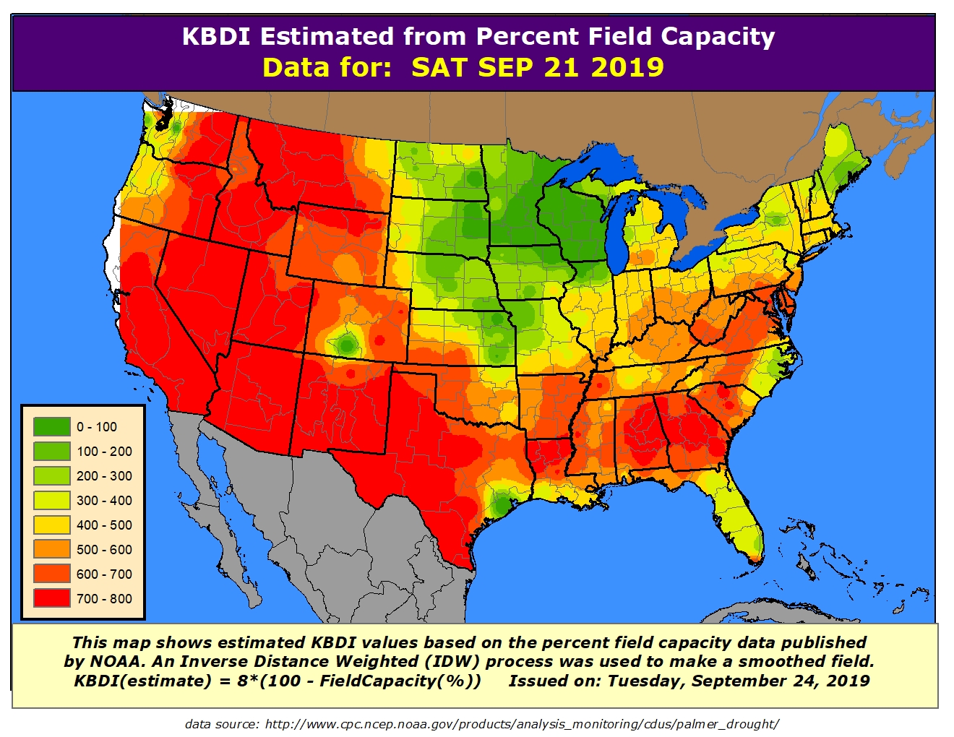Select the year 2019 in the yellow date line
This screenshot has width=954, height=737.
tap(627, 67)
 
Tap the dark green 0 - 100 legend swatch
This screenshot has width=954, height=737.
tap(51, 427)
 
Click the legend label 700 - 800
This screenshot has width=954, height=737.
tap(104, 599)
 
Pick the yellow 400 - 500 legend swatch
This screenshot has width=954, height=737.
tap(51, 525)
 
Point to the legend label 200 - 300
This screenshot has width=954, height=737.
tap(104, 476)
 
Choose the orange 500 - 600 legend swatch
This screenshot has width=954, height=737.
tap(51, 550)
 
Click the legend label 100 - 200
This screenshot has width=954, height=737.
tap(104, 452)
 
